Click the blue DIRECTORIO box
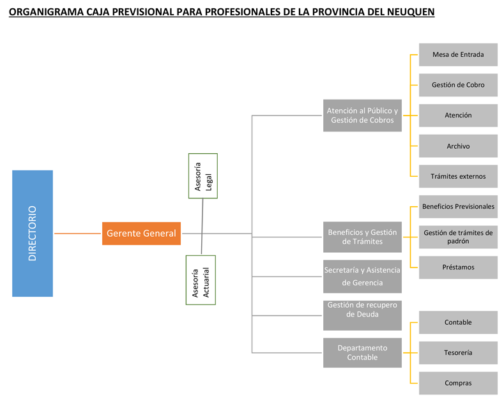point(33,234)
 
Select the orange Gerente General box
point(141,234)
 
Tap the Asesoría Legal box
point(203,176)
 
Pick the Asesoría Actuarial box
point(201,280)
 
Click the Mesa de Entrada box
point(458,55)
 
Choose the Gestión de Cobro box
point(458,85)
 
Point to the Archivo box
point(458,146)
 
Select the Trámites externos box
point(458,176)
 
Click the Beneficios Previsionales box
point(458,207)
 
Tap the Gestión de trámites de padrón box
point(458,237)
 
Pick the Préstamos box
point(458,267)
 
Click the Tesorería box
point(458,353)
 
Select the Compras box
point(458,383)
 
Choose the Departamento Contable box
point(362,353)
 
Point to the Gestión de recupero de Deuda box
point(362,315)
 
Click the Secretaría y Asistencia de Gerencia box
point(362,276)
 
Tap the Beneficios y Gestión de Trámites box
point(362,237)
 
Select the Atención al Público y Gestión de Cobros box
point(362,116)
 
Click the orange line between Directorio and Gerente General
point(77,234)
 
